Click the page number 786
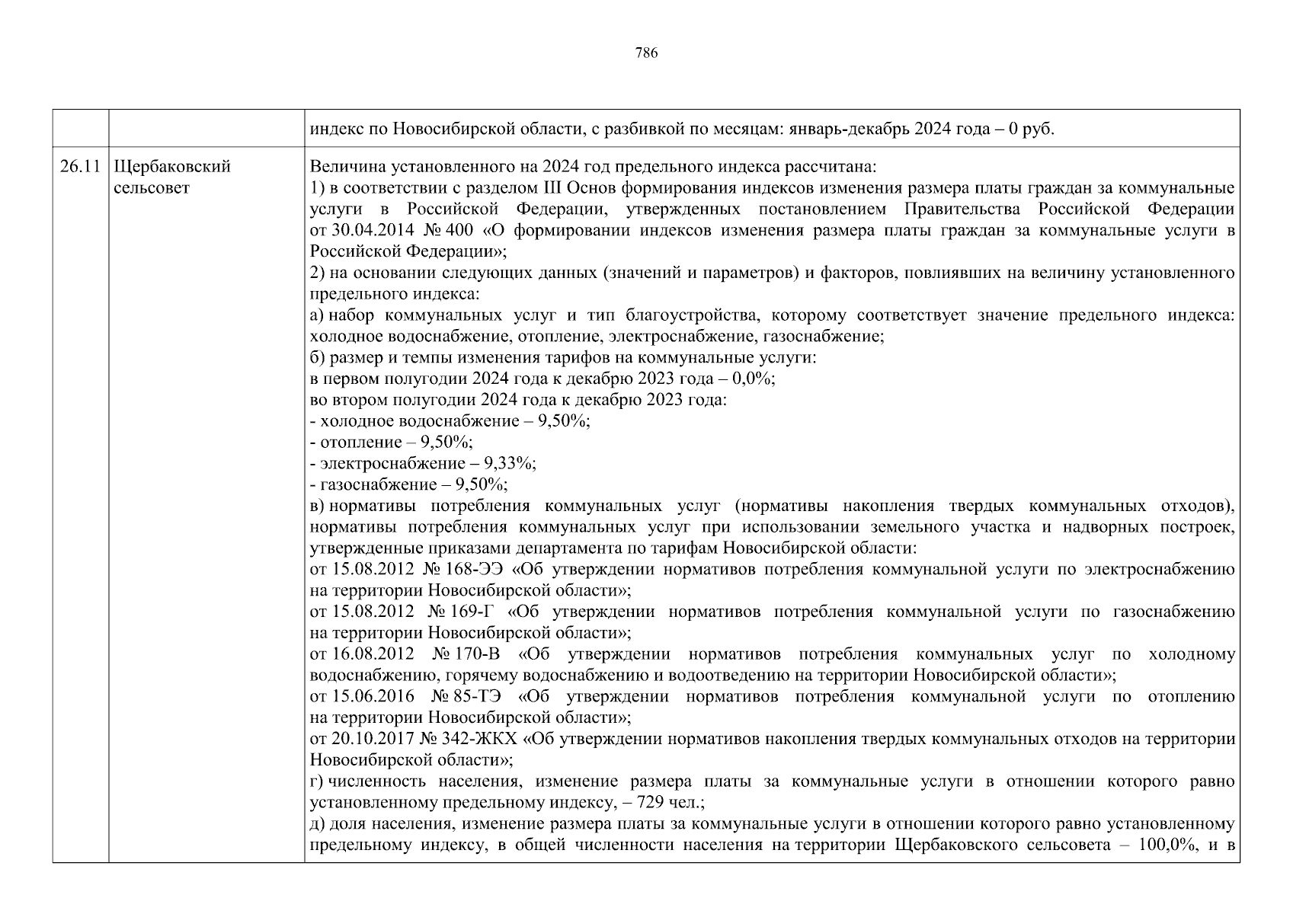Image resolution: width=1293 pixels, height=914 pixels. coord(646,53)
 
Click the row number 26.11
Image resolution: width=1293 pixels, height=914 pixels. coord(80,167)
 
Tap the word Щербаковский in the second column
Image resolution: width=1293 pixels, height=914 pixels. coord(171,167)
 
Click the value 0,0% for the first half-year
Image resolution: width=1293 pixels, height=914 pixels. coord(749,379)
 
